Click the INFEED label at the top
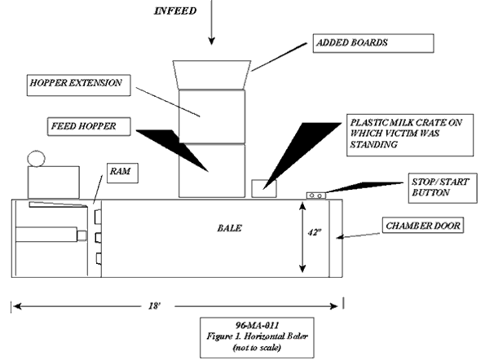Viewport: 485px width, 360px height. coord(175,11)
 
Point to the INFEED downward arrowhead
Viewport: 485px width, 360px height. coord(212,41)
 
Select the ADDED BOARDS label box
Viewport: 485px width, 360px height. coord(373,43)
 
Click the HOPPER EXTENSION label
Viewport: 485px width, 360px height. coord(76,83)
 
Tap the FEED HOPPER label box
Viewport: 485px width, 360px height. coord(89,126)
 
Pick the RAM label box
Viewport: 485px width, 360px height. coord(122,173)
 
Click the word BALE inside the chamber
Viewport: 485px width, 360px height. coord(229,228)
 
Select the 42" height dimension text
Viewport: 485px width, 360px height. coord(315,232)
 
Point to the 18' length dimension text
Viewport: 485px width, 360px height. coord(154,306)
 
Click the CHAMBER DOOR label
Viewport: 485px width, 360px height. coord(423,226)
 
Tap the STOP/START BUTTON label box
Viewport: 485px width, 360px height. coord(443,188)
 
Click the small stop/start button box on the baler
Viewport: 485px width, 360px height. coord(316,195)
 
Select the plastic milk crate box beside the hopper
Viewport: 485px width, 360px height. coord(264,188)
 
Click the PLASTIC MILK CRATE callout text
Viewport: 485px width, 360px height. coord(406,134)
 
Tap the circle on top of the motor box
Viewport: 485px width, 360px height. coord(36,159)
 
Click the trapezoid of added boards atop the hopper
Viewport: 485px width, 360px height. coord(212,75)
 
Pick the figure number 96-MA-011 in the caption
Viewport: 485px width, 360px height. coord(257,325)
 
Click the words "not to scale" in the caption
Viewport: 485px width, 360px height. coord(257,348)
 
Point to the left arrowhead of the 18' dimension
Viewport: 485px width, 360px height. coord(16,306)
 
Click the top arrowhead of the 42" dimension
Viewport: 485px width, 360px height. coord(302,205)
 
